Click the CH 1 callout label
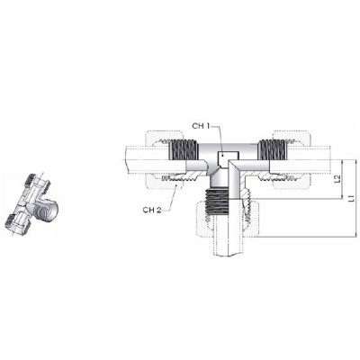[201, 126]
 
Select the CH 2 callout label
[152, 210]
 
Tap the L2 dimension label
[337, 179]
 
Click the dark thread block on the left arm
[184, 150]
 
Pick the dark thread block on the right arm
[273, 150]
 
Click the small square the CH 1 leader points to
[227, 156]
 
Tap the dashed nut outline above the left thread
[165, 136]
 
